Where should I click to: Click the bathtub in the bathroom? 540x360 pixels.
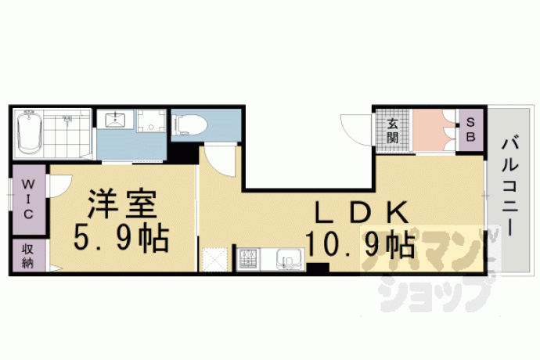pyautogui.click(x=30, y=132)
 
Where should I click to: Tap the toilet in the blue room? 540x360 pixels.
pyautogui.click(x=190, y=125)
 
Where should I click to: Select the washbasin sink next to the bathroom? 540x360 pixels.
pyautogui.click(x=115, y=119)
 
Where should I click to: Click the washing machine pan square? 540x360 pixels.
pyautogui.click(x=151, y=121)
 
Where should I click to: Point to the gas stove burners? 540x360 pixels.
pyautogui.click(x=248, y=259)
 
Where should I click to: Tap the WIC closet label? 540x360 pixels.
pyautogui.click(x=28, y=200)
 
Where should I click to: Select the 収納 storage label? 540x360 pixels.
pyautogui.click(x=28, y=257)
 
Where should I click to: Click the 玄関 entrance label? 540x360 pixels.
pyautogui.click(x=392, y=131)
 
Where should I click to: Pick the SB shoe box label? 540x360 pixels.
pyautogui.click(x=471, y=129)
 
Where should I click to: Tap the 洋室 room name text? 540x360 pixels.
pyautogui.click(x=122, y=203)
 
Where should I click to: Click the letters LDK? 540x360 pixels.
pyautogui.click(x=362, y=212)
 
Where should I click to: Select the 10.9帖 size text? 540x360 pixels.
pyautogui.click(x=360, y=245)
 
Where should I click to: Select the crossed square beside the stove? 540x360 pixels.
pyautogui.click(x=215, y=259)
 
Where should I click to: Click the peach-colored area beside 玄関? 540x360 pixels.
pyautogui.click(x=434, y=130)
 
